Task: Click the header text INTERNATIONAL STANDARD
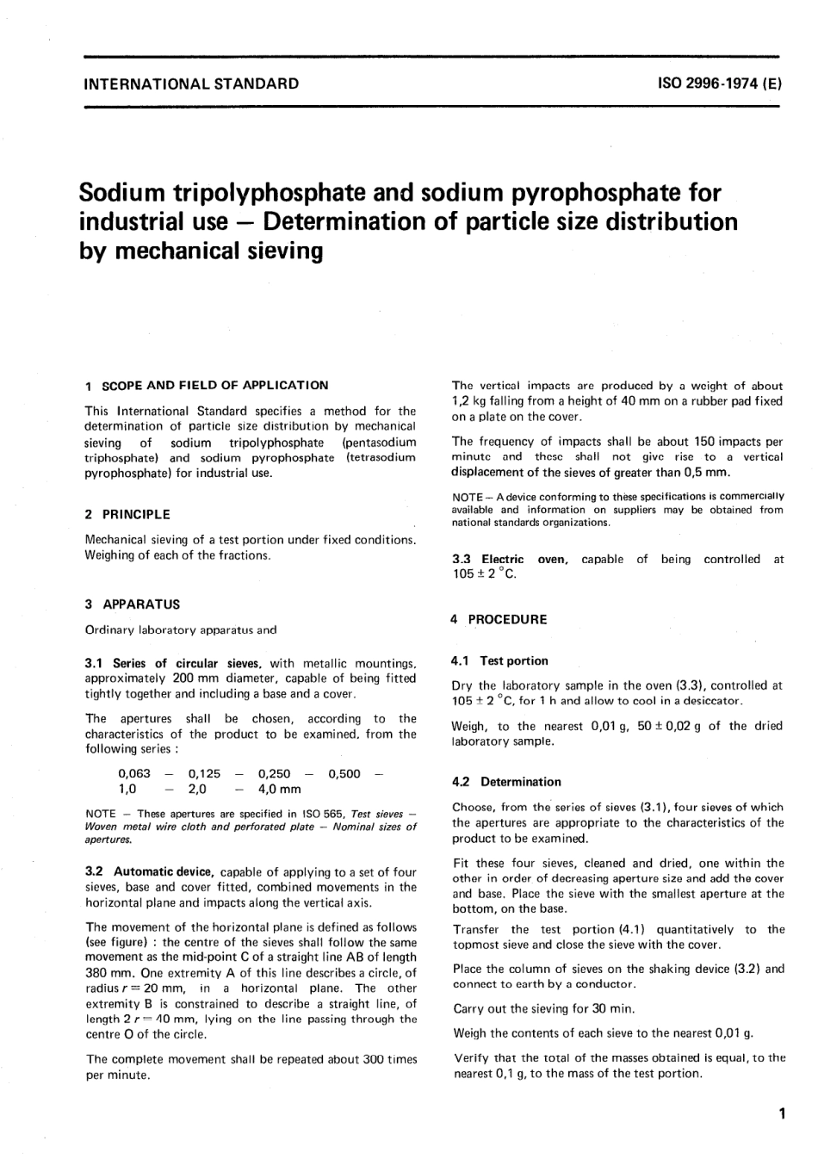click(x=191, y=84)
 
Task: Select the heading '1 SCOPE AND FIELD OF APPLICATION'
click(x=207, y=385)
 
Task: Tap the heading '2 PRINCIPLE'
click(x=127, y=514)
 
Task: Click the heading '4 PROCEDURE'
click(x=499, y=619)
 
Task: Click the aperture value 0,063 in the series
click(x=134, y=774)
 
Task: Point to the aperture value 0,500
click(x=344, y=774)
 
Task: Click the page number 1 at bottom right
click(x=781, y=1114)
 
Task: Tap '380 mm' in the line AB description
click(x=104, y=972)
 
